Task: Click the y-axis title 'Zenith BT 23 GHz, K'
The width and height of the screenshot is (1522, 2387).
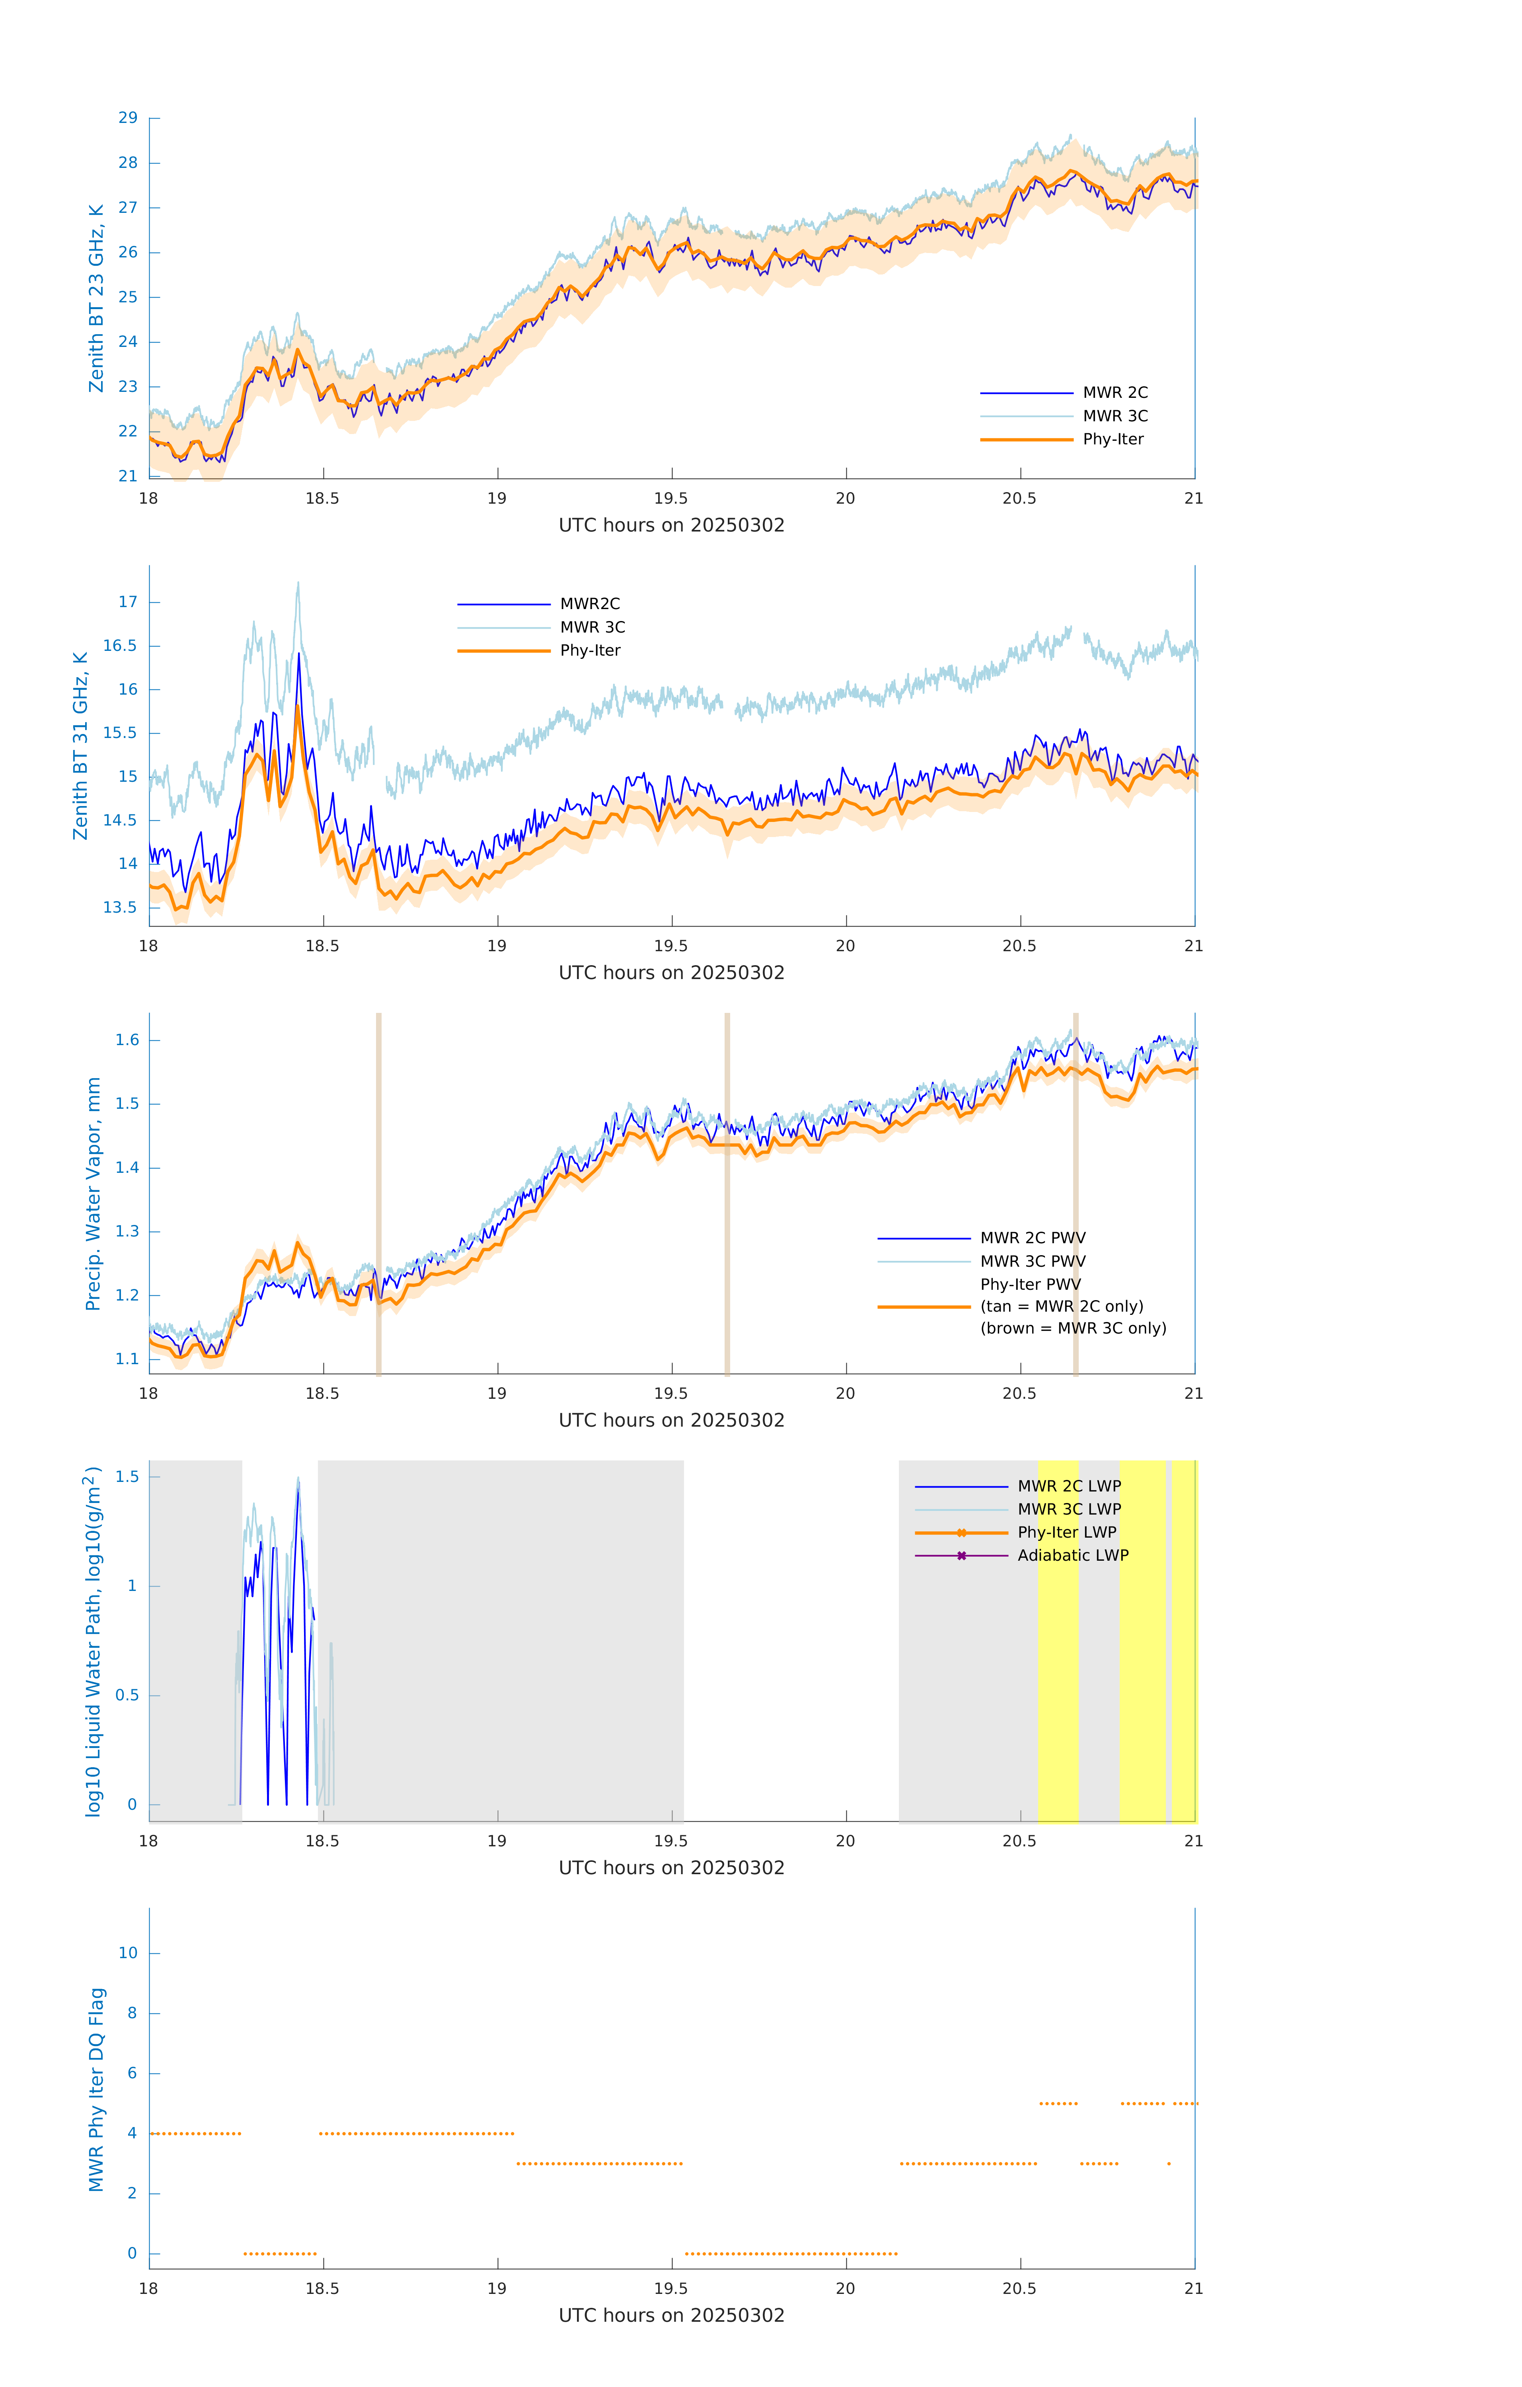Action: [96, 298]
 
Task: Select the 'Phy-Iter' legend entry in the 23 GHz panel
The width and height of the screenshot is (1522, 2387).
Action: [1113, 439]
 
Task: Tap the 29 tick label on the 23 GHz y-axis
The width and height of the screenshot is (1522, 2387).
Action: [128, 118]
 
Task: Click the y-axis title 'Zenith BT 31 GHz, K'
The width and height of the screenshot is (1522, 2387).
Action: [80, 746]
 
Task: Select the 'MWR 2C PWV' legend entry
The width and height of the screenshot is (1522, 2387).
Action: [1032, 1238]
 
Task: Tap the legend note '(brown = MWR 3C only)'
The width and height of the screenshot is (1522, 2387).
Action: [1073, 1328]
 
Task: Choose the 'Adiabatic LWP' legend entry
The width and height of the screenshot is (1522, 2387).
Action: [1072, 1555]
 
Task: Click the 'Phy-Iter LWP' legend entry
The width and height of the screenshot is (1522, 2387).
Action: [1066, 1532]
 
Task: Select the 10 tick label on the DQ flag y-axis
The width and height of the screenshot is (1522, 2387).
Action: [128, 1953]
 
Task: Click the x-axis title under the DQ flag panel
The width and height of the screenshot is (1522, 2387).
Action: [671, 2316]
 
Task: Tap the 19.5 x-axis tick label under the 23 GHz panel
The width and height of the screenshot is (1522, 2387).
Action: [671, 498]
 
